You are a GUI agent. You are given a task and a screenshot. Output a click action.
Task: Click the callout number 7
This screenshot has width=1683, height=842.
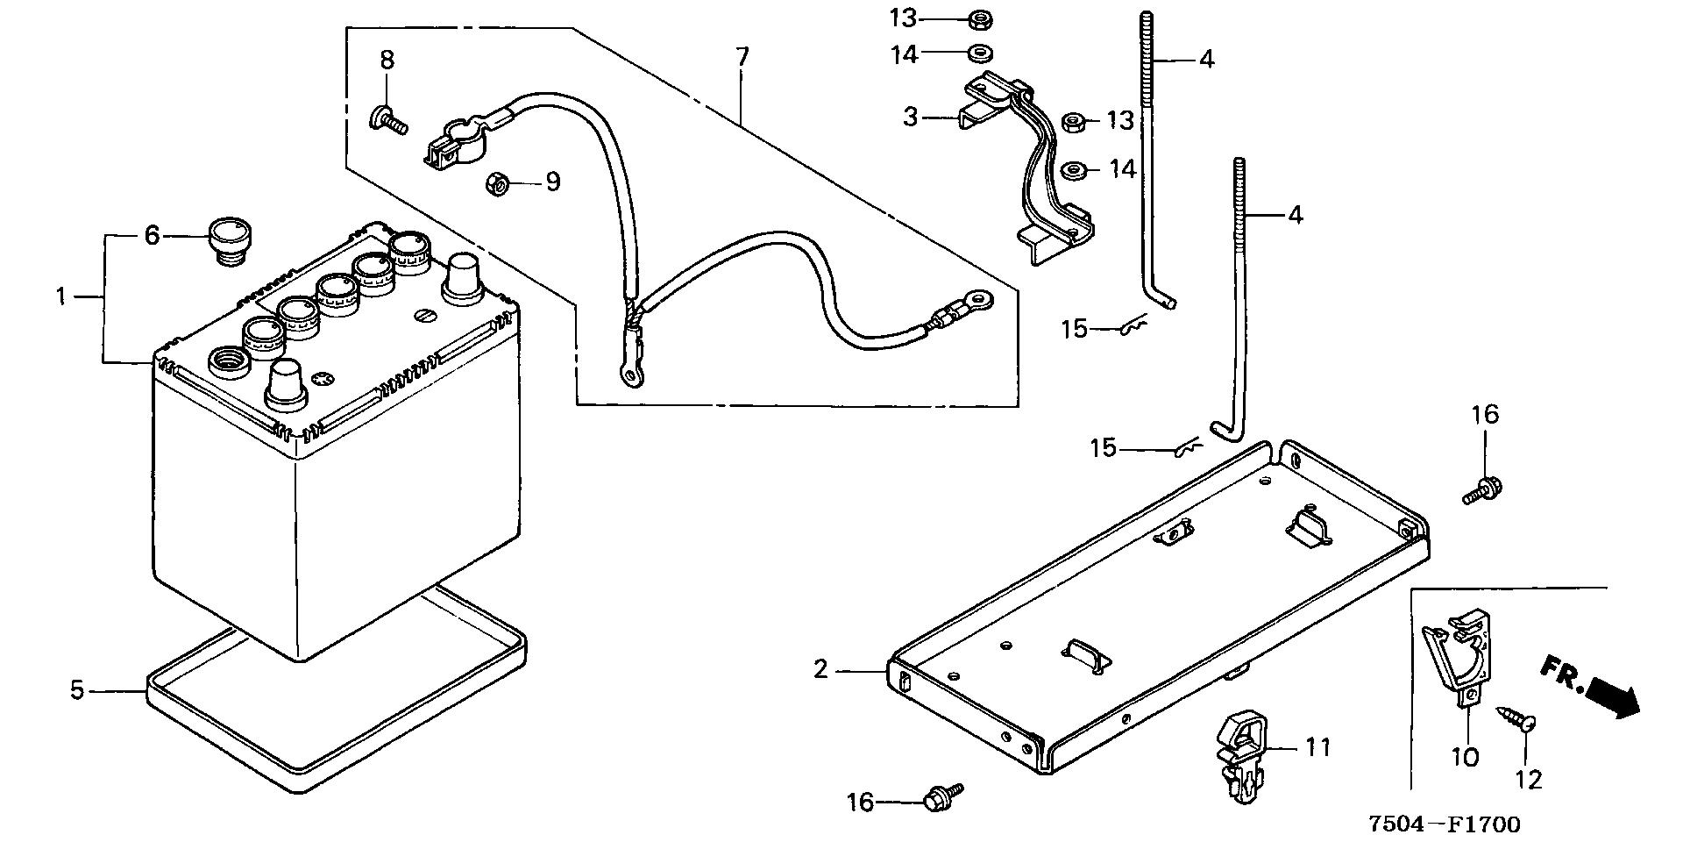(742, 58)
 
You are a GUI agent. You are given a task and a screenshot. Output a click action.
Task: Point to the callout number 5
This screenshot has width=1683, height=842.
(77, 691)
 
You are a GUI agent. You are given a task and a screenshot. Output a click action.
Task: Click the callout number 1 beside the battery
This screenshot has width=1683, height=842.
(61, 297)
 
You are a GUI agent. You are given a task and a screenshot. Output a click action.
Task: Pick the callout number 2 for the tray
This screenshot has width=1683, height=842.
(820, 670)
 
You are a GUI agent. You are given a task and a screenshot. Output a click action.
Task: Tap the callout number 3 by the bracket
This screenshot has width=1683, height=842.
(912, 117)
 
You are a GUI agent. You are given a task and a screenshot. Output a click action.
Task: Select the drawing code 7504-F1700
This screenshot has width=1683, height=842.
(1445, 824)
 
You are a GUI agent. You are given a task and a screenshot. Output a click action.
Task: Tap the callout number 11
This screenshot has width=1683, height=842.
(1317, 748)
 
